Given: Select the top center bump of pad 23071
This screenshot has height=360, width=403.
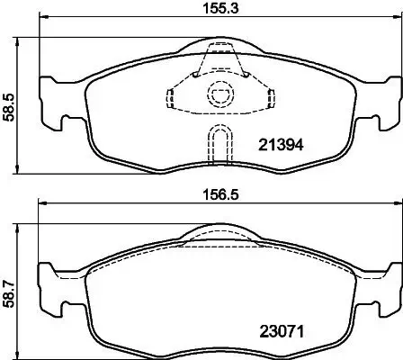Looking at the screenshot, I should click(218, 233).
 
